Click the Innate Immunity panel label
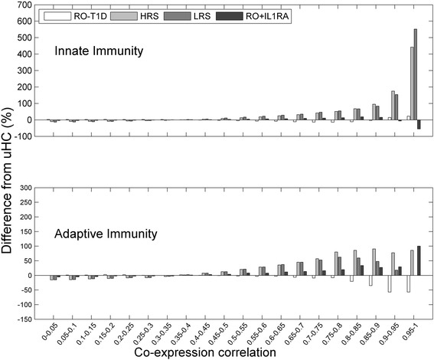pos(96,51)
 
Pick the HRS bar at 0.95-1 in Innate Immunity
pos(412,83)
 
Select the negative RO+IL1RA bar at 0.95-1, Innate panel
pos(419,124)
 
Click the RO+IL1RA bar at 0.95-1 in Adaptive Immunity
pos(419,261)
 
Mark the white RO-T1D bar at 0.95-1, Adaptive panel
pos(408,284)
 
